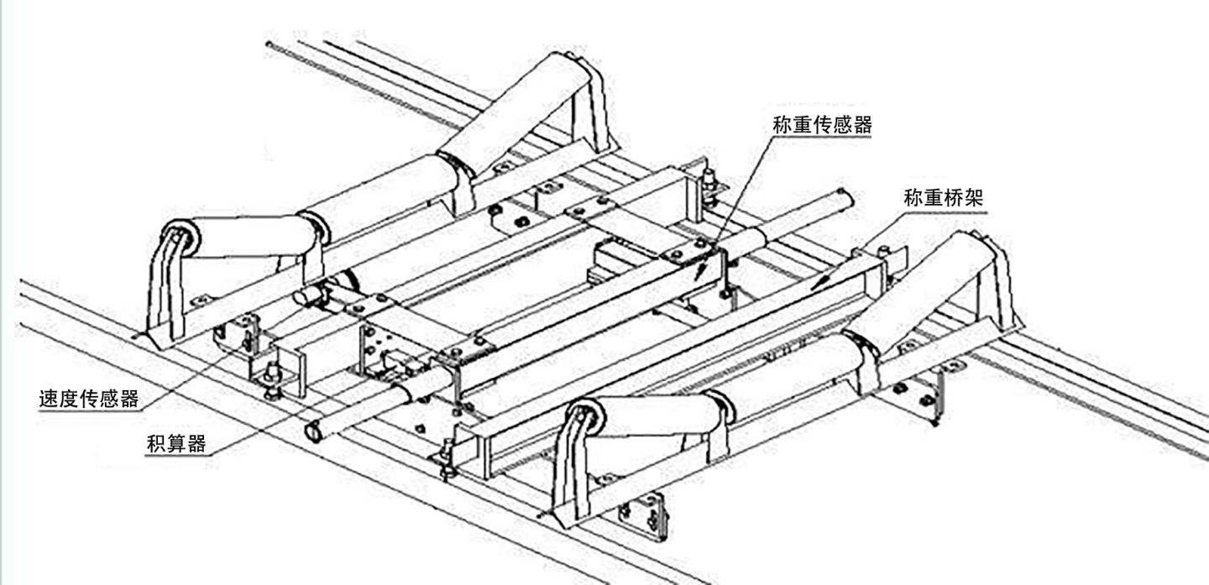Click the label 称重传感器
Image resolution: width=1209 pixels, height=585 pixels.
tap(822, 125)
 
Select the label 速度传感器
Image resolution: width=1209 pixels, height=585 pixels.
tap(88, 398)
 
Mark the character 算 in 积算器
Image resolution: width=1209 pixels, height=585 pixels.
tap(176, 443)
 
